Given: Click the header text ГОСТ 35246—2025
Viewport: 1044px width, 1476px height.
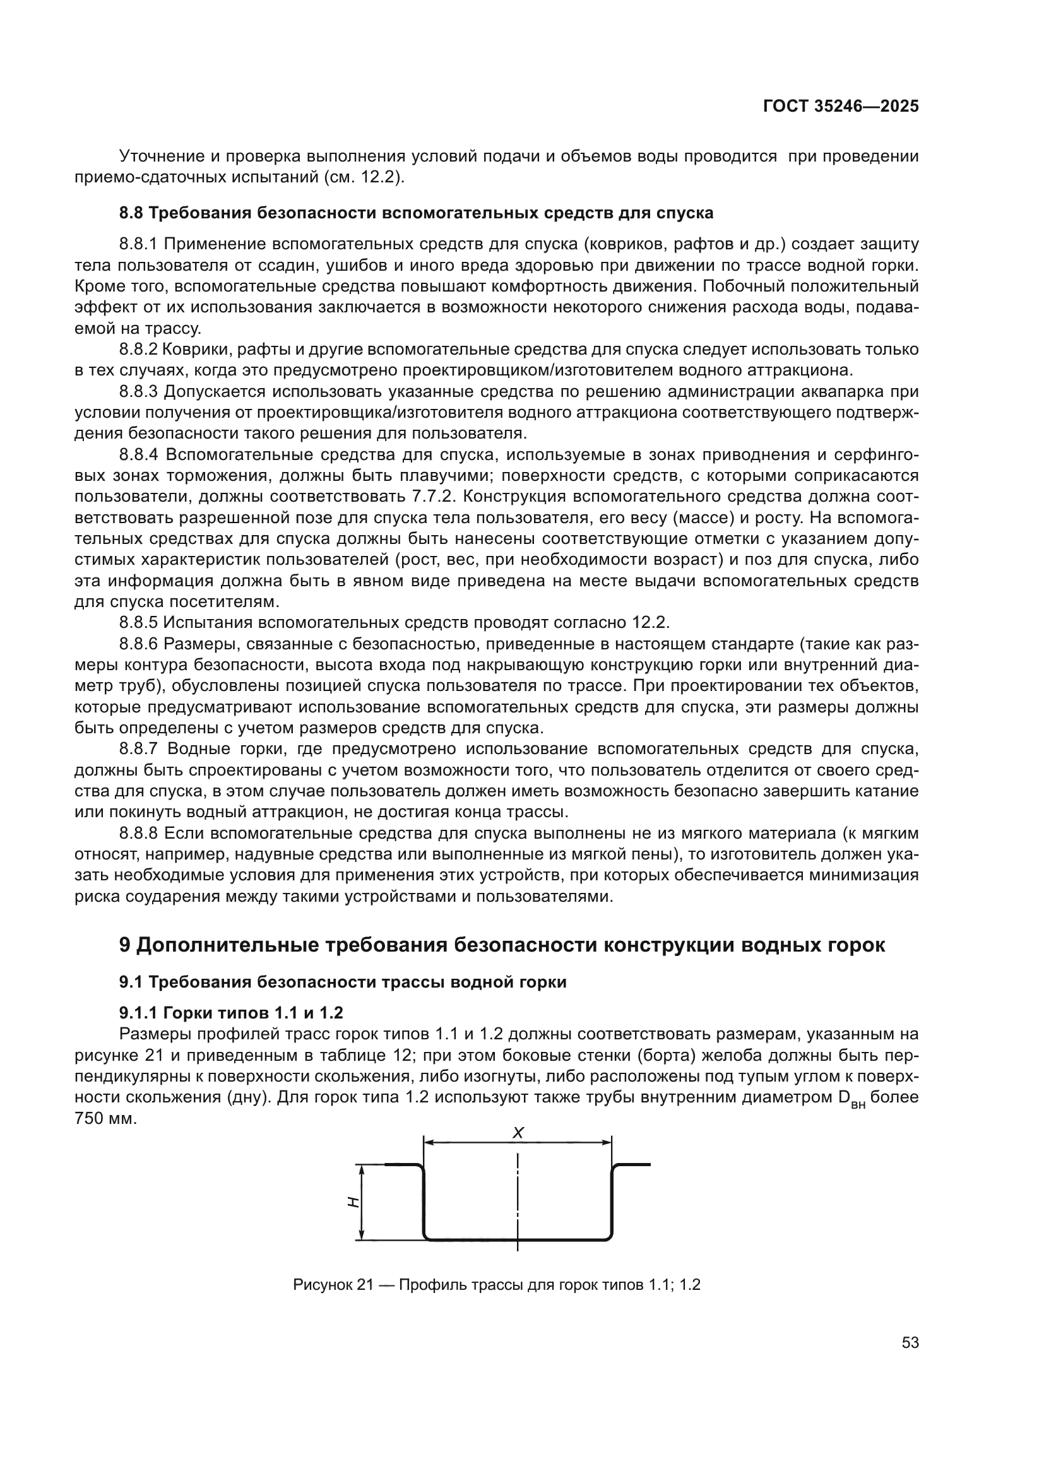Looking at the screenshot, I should coord(840,106).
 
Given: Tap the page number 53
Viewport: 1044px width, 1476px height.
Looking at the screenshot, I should coord(910,1342).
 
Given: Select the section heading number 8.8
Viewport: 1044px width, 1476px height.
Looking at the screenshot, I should coord(132,213).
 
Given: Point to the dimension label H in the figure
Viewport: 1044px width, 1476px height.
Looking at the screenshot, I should coord(352,1201).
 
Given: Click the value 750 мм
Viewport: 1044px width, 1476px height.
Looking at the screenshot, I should coord(105,1118).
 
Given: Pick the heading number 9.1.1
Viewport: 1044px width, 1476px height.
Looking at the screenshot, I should coord(138,1013).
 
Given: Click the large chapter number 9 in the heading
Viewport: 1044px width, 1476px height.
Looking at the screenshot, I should coord(126,945).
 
